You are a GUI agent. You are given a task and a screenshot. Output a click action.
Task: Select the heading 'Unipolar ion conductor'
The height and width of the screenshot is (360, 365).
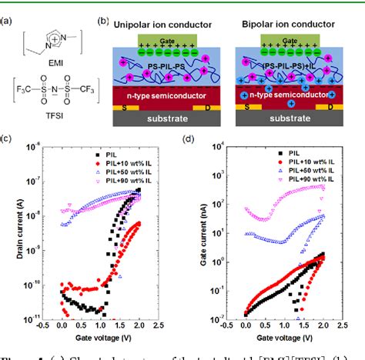pos(156,25)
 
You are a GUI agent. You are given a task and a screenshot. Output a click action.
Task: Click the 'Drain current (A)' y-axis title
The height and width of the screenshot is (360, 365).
pos(17,235)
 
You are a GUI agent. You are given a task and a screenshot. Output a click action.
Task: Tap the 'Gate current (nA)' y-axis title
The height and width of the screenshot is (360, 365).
pos(199,235)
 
